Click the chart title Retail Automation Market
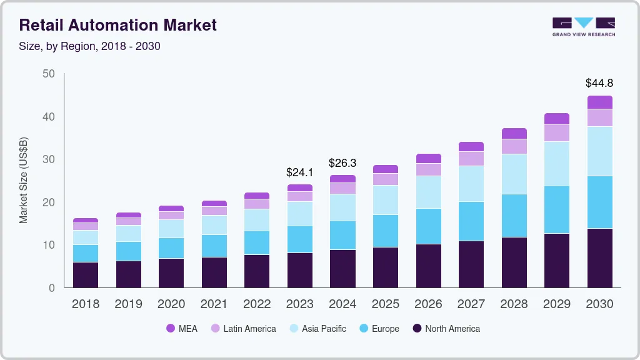coord(118,25)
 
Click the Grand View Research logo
coord(583,27)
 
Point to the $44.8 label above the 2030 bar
coord(599,82)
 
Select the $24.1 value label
coord(299,171)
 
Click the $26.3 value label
coord(342,163)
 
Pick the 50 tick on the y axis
coord(48,74)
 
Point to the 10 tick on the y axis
coord(48,245)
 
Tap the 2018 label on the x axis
coord(85,304)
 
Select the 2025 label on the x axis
coord(386,304)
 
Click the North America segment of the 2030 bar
coord(599,257)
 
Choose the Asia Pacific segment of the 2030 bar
coord(599,151)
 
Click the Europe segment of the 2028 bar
coord(514,216)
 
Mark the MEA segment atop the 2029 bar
coord(557,119)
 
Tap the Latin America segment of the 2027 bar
coord(471,159)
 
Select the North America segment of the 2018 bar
coord(85,274)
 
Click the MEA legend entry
coord(181,329)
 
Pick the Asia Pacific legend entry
coord(317,329)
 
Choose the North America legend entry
coord(446,329)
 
